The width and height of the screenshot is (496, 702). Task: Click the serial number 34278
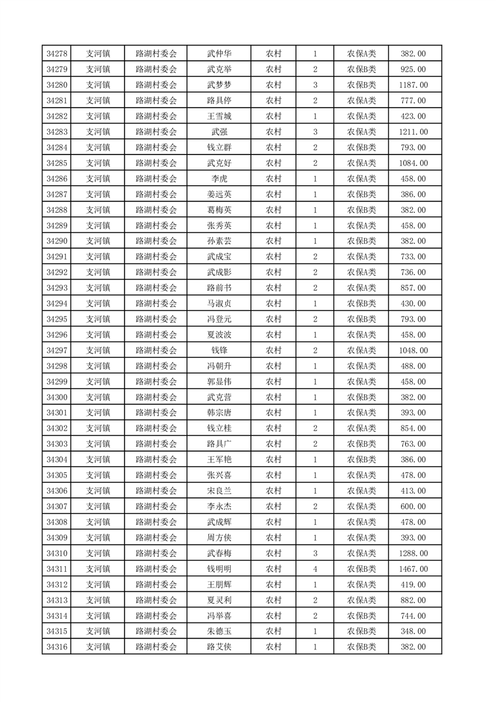coord(57,54)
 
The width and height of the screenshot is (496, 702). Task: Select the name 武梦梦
coord(220,85)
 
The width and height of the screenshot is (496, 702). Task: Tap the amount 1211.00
coord(413,132)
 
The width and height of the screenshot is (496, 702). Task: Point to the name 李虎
coord(220,179)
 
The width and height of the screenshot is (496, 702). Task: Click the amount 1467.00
coord(413,569)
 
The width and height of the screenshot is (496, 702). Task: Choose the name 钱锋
coord(220,350)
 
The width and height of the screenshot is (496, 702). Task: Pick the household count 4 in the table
coord(315,569)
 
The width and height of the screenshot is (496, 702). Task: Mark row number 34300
coord(57,397)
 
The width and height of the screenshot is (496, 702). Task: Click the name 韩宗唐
coord(220,413)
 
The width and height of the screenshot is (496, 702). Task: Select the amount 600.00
coord(413,507)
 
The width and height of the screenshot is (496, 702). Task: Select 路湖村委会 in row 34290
coord(156,242)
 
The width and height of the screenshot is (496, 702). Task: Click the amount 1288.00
coord(413,554)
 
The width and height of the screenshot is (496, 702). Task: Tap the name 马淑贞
coord(220,303)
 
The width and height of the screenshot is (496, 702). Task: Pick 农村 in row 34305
coord(273,476)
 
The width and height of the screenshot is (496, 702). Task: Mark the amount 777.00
coord(413,101)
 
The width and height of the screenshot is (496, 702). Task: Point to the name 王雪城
coord(220,116)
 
